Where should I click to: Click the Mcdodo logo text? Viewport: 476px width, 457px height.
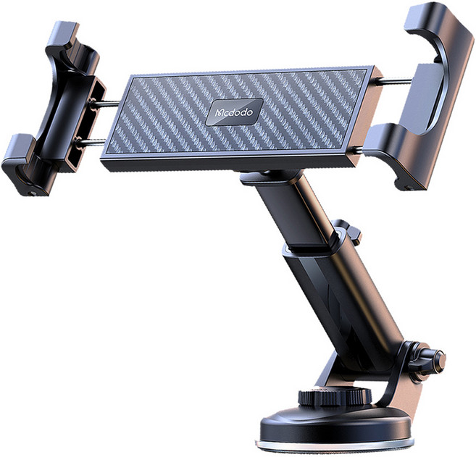(234, 112)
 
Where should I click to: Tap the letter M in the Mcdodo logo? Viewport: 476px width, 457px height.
(219, 113)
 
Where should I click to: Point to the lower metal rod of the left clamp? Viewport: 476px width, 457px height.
(91, 141)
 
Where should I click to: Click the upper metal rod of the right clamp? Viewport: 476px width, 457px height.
(394, 80)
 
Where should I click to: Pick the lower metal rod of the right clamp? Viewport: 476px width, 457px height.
(359, 150)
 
